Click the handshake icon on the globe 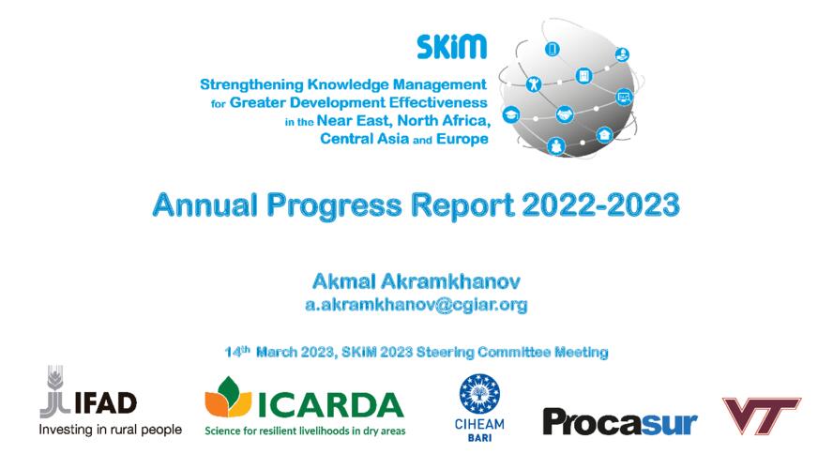click(564, 114)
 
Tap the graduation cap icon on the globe click(511, 114)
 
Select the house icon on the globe click(604, 135)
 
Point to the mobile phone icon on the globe click(552, 50)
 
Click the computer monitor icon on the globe click(624, 98)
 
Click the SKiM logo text click(451, 47)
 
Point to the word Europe click(462, 139)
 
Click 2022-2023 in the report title click(601, 205)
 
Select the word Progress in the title click(334, 206)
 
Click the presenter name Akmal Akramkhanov click(416, 281)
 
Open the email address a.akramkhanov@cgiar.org click(416, 305)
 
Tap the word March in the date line click(276, 352)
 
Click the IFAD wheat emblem click(55, 391)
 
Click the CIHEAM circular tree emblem click(479, 394)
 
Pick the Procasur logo click(619, 423)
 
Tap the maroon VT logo click(761, 416)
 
